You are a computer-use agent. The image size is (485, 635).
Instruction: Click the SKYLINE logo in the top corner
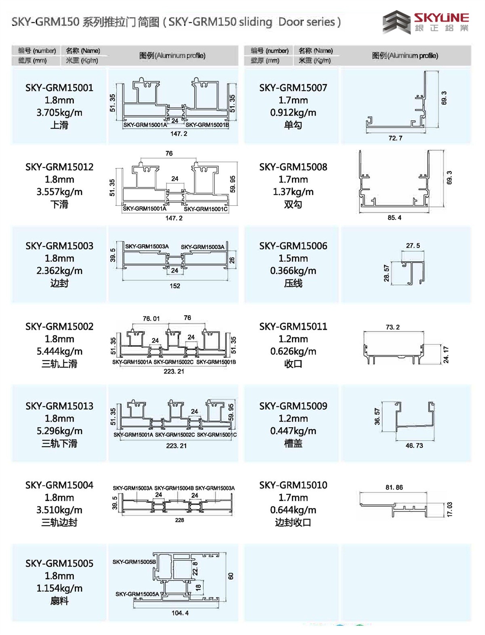pos(426,23)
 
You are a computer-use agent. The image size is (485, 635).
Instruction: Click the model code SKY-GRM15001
pos(59,88)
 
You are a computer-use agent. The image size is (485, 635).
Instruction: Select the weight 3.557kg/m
pos(59,192)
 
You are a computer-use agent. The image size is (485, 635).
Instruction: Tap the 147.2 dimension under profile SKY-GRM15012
pos(174,218)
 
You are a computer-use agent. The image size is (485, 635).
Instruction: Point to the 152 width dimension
pos(175,286)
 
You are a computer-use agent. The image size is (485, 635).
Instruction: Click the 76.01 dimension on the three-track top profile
pos(151,319)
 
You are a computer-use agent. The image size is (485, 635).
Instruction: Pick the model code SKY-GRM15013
pos(59,406)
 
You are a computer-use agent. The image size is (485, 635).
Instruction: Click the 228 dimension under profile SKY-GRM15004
pos(179,520)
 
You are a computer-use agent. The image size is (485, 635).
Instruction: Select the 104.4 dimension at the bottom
pos(180,613)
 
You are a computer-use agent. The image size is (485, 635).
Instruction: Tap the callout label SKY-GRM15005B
pos(134,562)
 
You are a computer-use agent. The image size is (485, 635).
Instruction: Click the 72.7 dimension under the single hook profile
pos(395,138)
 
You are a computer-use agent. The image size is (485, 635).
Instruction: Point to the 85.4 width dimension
pos(394,218)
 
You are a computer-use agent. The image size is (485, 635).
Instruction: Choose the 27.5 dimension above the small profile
pos(413,246)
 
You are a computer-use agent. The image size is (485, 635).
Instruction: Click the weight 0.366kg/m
pos(293,271)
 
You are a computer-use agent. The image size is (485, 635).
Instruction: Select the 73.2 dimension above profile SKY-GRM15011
pos(392,327)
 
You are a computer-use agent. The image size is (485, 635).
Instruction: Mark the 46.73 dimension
pos(414,445)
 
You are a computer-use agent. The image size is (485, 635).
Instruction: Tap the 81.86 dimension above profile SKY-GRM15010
pos(394,487)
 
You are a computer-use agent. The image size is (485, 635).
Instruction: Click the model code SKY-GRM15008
pos(293,167)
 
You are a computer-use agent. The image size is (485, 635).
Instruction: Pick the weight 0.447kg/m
pos(293,431)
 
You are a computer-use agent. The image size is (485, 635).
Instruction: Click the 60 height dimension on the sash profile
pos(231,576)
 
